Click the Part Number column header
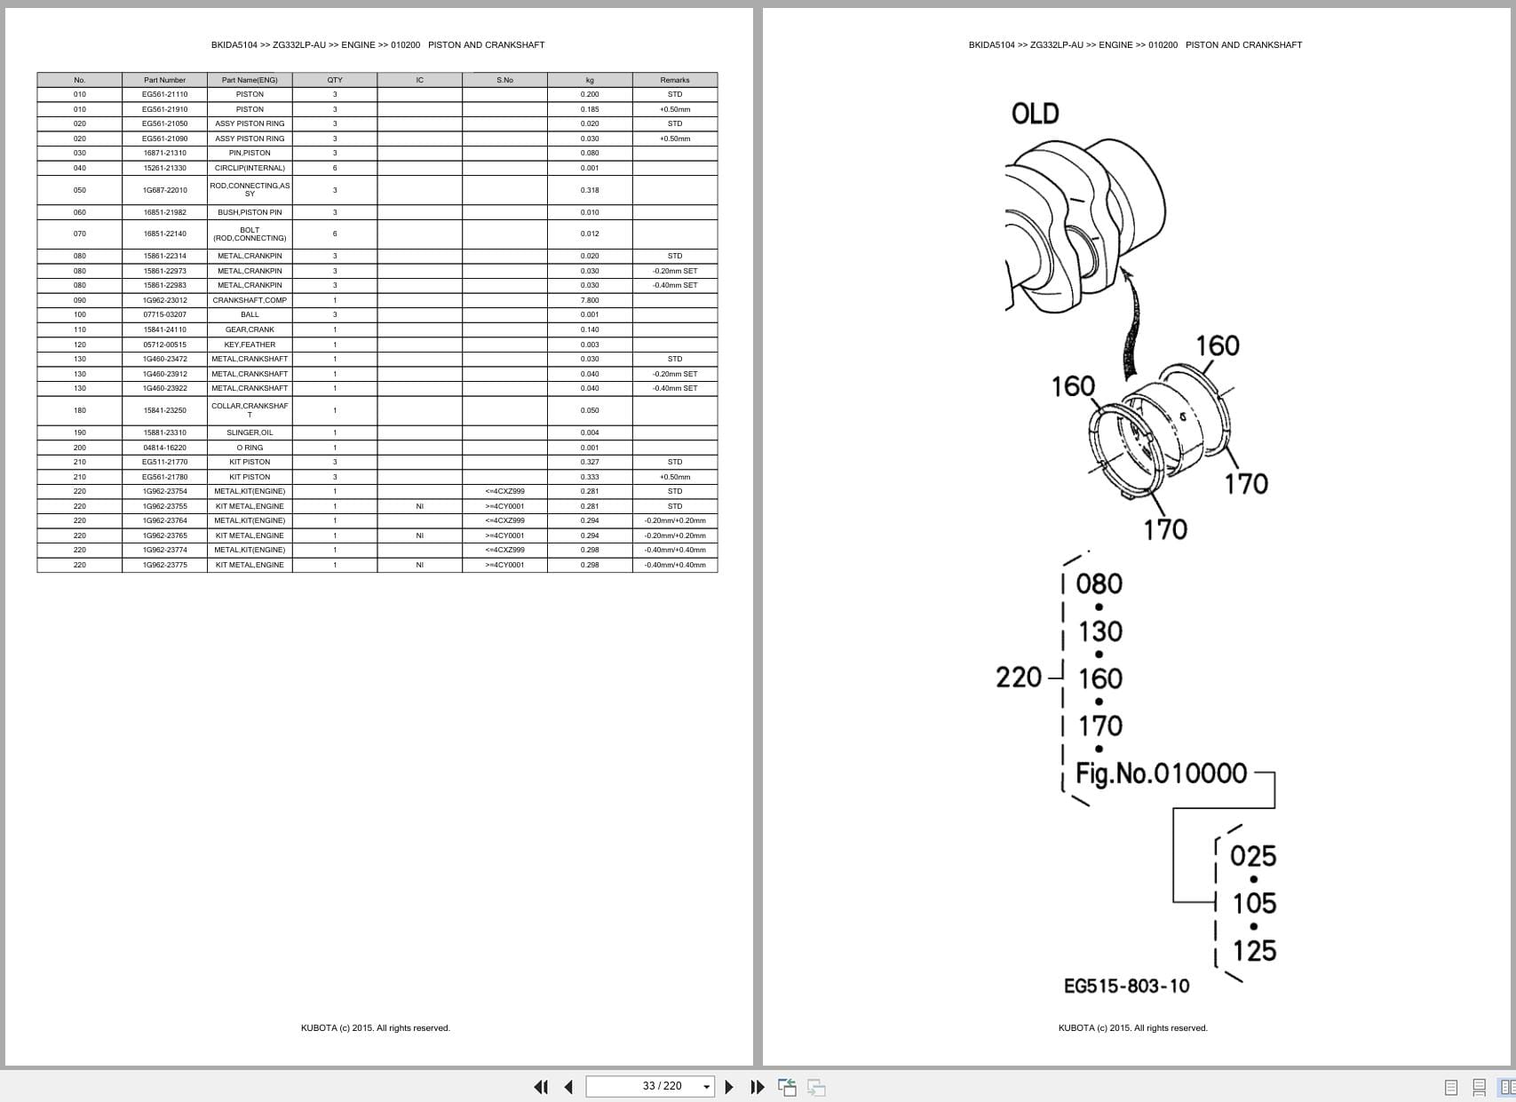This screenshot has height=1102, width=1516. coord(164,80)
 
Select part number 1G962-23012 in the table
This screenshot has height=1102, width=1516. coord(164,300)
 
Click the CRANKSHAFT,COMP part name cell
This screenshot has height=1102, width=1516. coord(250,300)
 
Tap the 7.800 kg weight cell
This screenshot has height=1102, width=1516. coord(590,300)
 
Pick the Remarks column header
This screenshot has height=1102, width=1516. coord(675,80)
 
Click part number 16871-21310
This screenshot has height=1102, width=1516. coord(164,153)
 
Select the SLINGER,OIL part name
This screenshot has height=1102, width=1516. coord(250,432)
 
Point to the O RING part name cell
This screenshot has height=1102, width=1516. coord(250,448)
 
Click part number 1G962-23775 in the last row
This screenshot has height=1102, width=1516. coord(164,565)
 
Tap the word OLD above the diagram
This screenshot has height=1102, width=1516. coord(1035,114)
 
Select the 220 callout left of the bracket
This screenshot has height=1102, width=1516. coord(1019,678)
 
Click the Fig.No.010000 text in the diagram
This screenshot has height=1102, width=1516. coord(1162,773)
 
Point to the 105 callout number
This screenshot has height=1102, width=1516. coord(1254,903)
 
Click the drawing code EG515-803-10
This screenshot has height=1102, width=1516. coord(1126,986)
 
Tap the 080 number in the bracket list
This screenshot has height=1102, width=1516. coord(1099,583)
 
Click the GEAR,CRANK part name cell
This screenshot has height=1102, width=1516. coord(250,329)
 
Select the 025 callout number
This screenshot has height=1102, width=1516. coord(1253,856)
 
